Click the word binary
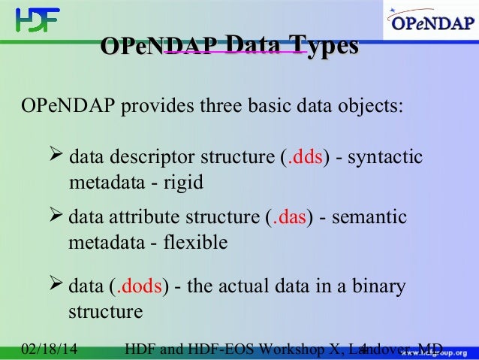(381, 287)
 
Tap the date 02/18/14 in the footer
(51, 349)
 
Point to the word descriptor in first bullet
(152, 158)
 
